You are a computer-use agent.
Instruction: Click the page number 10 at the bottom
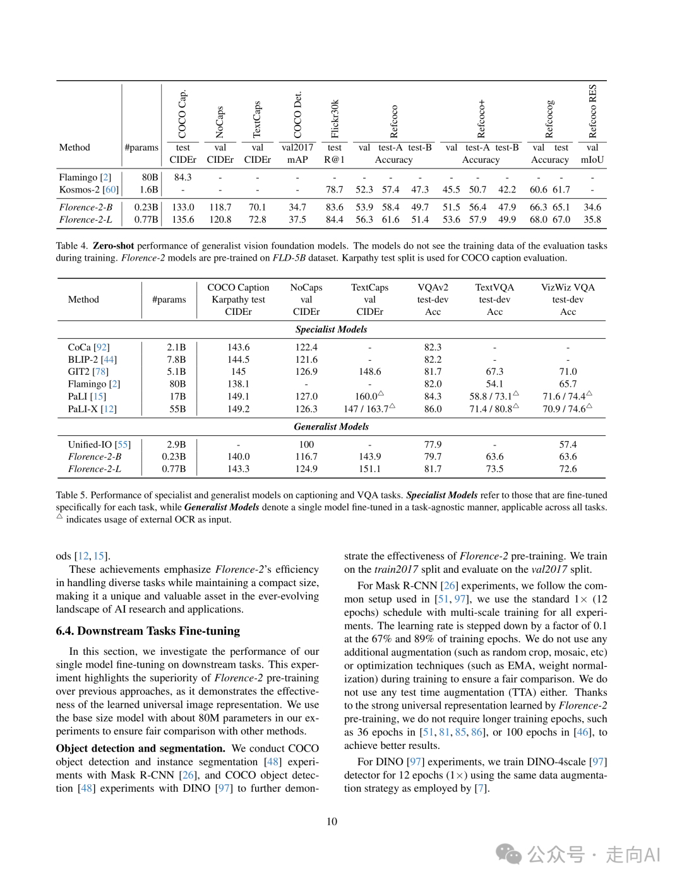click(332, 821)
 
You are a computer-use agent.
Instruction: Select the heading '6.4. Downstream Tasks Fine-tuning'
click(148, 631)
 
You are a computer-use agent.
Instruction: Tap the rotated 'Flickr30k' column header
click(335, 119)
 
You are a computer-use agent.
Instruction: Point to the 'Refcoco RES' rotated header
click(592, 112)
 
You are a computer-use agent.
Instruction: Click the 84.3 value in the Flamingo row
click(182, 177)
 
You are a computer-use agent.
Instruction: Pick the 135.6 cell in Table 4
click(182, 220)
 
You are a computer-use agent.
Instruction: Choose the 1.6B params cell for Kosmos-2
click(149, 189)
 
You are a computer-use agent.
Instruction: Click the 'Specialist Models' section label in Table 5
click(331, 329)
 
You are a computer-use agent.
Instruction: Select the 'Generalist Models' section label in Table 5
click(331, 426)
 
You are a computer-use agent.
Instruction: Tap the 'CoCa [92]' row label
click(88, 347)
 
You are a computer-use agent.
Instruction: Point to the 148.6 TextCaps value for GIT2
click(369, 372)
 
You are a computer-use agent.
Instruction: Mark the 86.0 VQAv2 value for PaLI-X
click(433, 409)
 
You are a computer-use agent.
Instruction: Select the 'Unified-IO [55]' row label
click(99, 444)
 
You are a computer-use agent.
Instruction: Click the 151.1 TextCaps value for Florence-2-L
click(369, 469)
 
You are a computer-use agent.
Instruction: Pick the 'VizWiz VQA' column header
click(568, 287)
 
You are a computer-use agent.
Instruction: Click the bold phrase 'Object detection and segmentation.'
click(140, 748)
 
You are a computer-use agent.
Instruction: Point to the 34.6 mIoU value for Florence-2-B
click(592, 207)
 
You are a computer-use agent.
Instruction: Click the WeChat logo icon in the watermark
click(508, 854)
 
